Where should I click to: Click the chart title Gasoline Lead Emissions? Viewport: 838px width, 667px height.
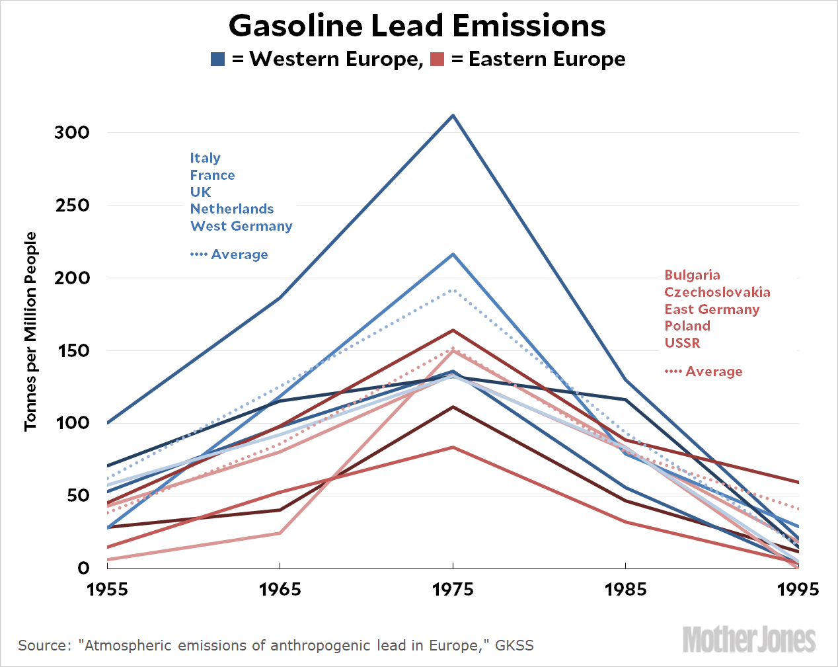click(417, 26)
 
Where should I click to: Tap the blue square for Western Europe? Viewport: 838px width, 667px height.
click(218, 59)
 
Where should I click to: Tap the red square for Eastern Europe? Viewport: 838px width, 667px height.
click(437, 59)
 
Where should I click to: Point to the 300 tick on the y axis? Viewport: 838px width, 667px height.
click(72, 132)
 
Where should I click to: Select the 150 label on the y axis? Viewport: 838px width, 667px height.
click(72, 350)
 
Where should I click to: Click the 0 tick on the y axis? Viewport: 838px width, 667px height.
click(83, 568)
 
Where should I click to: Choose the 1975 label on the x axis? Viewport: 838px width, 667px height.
click(453, 589)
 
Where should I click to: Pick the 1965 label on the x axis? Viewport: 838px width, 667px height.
click(280, 589)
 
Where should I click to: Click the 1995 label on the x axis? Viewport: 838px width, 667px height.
click(798, 589)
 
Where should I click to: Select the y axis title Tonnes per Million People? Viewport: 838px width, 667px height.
click(30, 332)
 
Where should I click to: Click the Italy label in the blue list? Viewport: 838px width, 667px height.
click(206, 158)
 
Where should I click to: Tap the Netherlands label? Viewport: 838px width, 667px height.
click(232, 209)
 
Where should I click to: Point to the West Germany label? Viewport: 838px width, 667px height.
click(241, 226)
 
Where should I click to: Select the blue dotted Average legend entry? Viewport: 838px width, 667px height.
click(229, 255)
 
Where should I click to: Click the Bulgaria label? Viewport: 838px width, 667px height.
click(692, 275)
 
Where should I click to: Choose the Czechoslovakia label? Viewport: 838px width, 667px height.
click(717, 292)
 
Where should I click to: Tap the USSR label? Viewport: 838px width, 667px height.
click(682, 343)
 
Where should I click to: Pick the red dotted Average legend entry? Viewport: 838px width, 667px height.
click(704, 372)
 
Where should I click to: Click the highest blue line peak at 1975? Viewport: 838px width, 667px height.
click(453, 116)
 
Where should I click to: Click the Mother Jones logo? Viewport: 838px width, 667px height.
click(749, 639)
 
